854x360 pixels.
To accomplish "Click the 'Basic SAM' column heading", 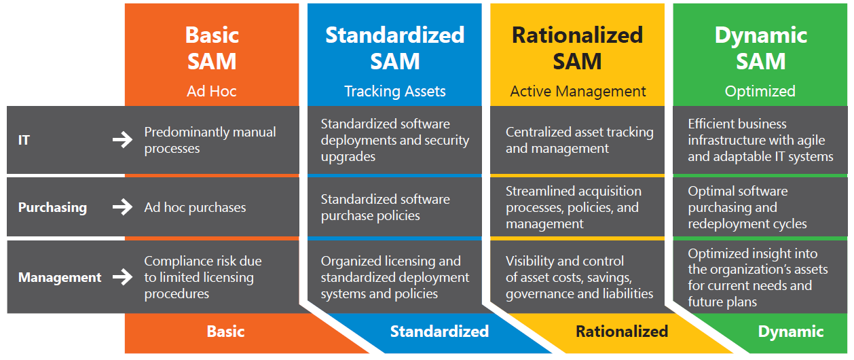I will (x=211, y=48).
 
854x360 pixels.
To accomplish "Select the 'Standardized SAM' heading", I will (x=394, y=48).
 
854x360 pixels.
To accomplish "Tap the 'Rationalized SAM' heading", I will (x=577, y=48).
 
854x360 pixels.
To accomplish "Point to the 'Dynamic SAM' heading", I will (x=760, y=48).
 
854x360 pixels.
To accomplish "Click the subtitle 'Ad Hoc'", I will (x=211, y=91).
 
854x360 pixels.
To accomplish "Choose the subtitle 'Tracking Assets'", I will (x=394, y=91).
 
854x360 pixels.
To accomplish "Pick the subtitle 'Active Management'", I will (x=578, y=91).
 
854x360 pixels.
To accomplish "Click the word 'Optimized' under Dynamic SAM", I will (x=760, y=91).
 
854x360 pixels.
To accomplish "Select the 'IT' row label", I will (x=24, y=141).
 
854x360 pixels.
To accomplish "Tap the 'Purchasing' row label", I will (x=52, y=208).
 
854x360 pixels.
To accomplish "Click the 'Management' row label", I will (x=60, y=277).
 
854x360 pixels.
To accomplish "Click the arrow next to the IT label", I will (x=122, y=141).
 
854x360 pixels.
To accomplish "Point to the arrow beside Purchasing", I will (x=122, y=208).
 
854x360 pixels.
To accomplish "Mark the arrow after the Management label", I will (x=122, y=277).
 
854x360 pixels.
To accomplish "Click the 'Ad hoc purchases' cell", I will (x=195, y=208).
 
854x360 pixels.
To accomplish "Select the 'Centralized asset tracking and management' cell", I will (x=579, y=140).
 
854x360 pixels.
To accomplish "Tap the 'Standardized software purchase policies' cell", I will (x=385, y=207).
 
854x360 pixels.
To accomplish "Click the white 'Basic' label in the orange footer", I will (x=225, y=331).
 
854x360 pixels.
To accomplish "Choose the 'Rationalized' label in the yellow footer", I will (x=622, y=331).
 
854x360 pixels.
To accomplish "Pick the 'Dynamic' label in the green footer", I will (x=791, y=331).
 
